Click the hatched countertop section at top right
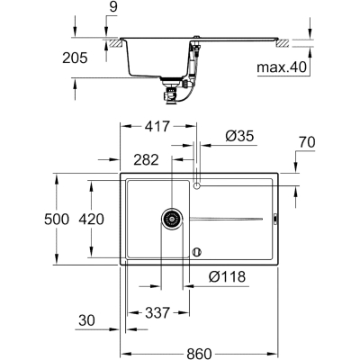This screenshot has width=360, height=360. click(x=283, y=42)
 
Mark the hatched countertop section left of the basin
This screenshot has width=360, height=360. click(x=116, y=42)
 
